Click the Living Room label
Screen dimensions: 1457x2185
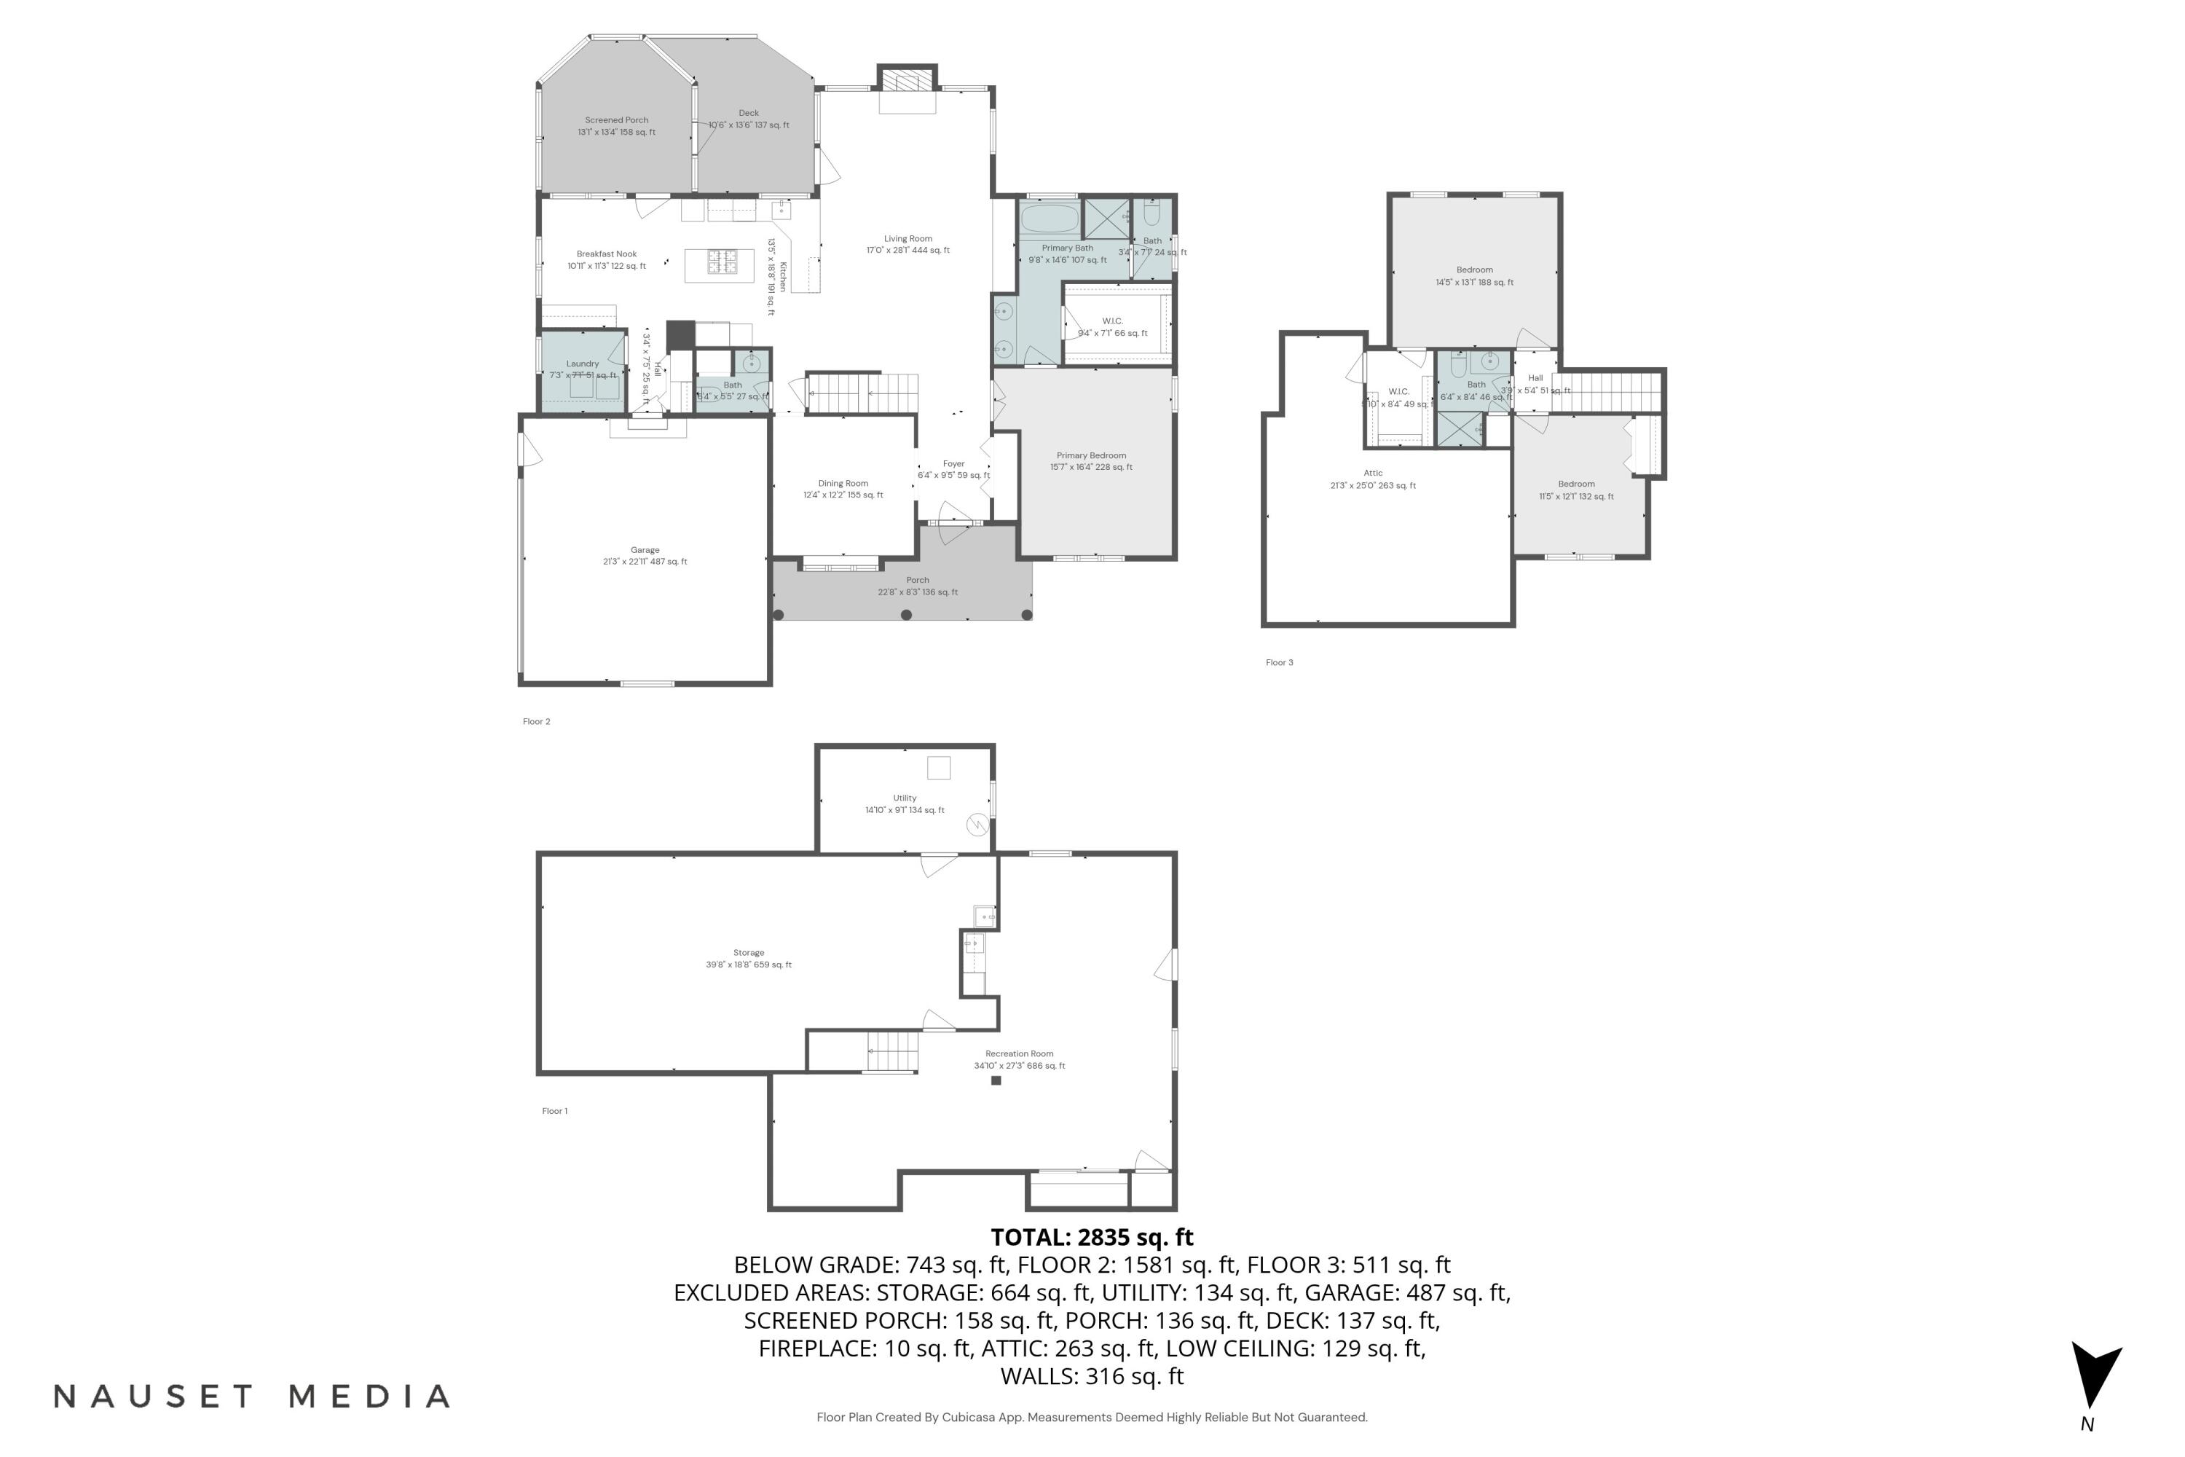(x=908, y=244)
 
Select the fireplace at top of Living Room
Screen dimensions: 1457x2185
(x=908, y=81)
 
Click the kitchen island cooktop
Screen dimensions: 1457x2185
(x=722, y=262)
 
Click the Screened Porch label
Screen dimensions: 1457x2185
(x=616, y=125)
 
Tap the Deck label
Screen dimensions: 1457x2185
(x=749, y=119)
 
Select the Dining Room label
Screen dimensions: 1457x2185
(x=843, y=489)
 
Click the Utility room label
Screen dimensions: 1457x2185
(x=904, y=804)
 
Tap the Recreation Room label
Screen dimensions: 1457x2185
(x=1019, y=1059)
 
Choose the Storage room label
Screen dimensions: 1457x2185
(x=748, y=958)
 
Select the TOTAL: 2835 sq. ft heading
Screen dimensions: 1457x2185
(x=1092, y=1238)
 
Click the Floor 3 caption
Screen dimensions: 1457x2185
(x=1278, y=662)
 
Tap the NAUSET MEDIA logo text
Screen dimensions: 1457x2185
(x=252, y=1397)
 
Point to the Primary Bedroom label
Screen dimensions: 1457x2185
(x=1090, y=461)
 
